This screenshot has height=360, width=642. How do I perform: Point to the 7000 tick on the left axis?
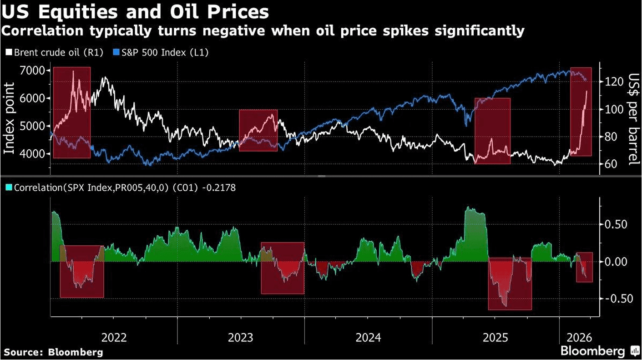pos(32,71)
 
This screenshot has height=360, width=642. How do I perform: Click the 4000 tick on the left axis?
pos(32,154)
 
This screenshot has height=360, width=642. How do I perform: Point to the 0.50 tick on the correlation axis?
pos(616,225)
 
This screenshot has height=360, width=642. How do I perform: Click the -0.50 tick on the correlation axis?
pos(614,299)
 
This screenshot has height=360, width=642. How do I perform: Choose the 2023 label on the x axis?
pos(241,338)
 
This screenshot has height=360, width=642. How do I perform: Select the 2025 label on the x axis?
pos(495,338)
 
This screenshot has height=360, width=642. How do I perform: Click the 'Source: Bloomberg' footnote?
pos(54,352)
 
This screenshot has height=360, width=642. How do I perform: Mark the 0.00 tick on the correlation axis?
pos(616,262)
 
